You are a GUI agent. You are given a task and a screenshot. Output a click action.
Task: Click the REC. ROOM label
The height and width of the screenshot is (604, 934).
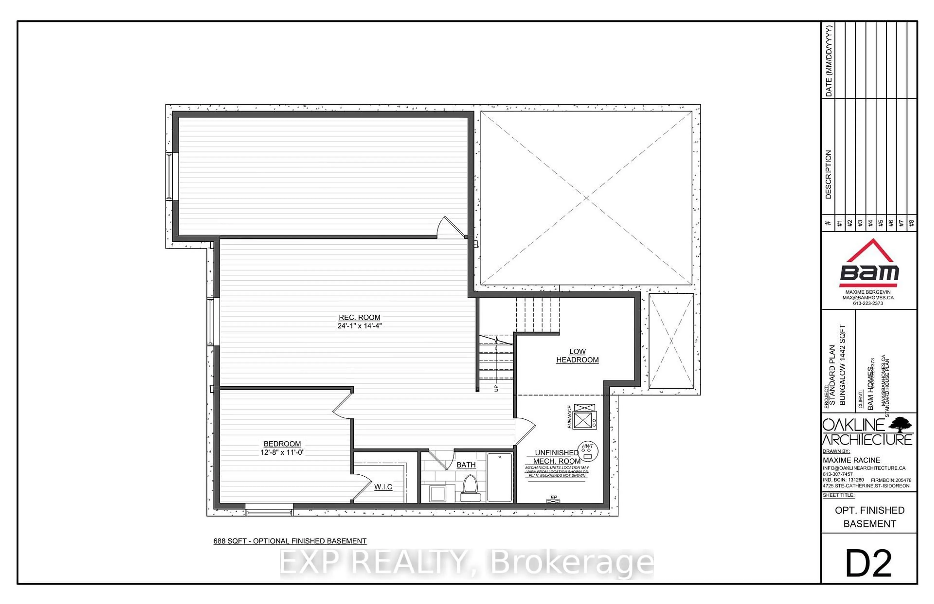pos(359,317)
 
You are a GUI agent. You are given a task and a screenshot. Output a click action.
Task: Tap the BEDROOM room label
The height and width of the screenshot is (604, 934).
pos(282,444)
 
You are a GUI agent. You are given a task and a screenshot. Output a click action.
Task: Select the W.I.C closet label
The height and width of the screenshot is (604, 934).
pos(383,487)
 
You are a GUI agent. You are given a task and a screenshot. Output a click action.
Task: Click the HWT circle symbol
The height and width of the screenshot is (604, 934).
pos(587,451)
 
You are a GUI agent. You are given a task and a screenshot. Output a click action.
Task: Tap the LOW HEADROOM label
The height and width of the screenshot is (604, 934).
pos(577,356)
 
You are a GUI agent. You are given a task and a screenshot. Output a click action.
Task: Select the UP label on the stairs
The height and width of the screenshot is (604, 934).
pos(496,388)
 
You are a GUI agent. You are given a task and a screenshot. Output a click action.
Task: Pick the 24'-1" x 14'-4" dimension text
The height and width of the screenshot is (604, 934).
pos(359,326)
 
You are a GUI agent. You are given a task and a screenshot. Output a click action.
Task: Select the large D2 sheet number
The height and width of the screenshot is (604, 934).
pos(869,563)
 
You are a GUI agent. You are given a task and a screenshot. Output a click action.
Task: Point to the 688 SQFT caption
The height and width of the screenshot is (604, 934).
pos(289,541)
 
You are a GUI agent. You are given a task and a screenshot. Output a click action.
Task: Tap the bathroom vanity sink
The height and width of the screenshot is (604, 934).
pos(437,493)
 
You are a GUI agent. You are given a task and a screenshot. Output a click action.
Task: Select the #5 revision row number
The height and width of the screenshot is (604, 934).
pos(880,223)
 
